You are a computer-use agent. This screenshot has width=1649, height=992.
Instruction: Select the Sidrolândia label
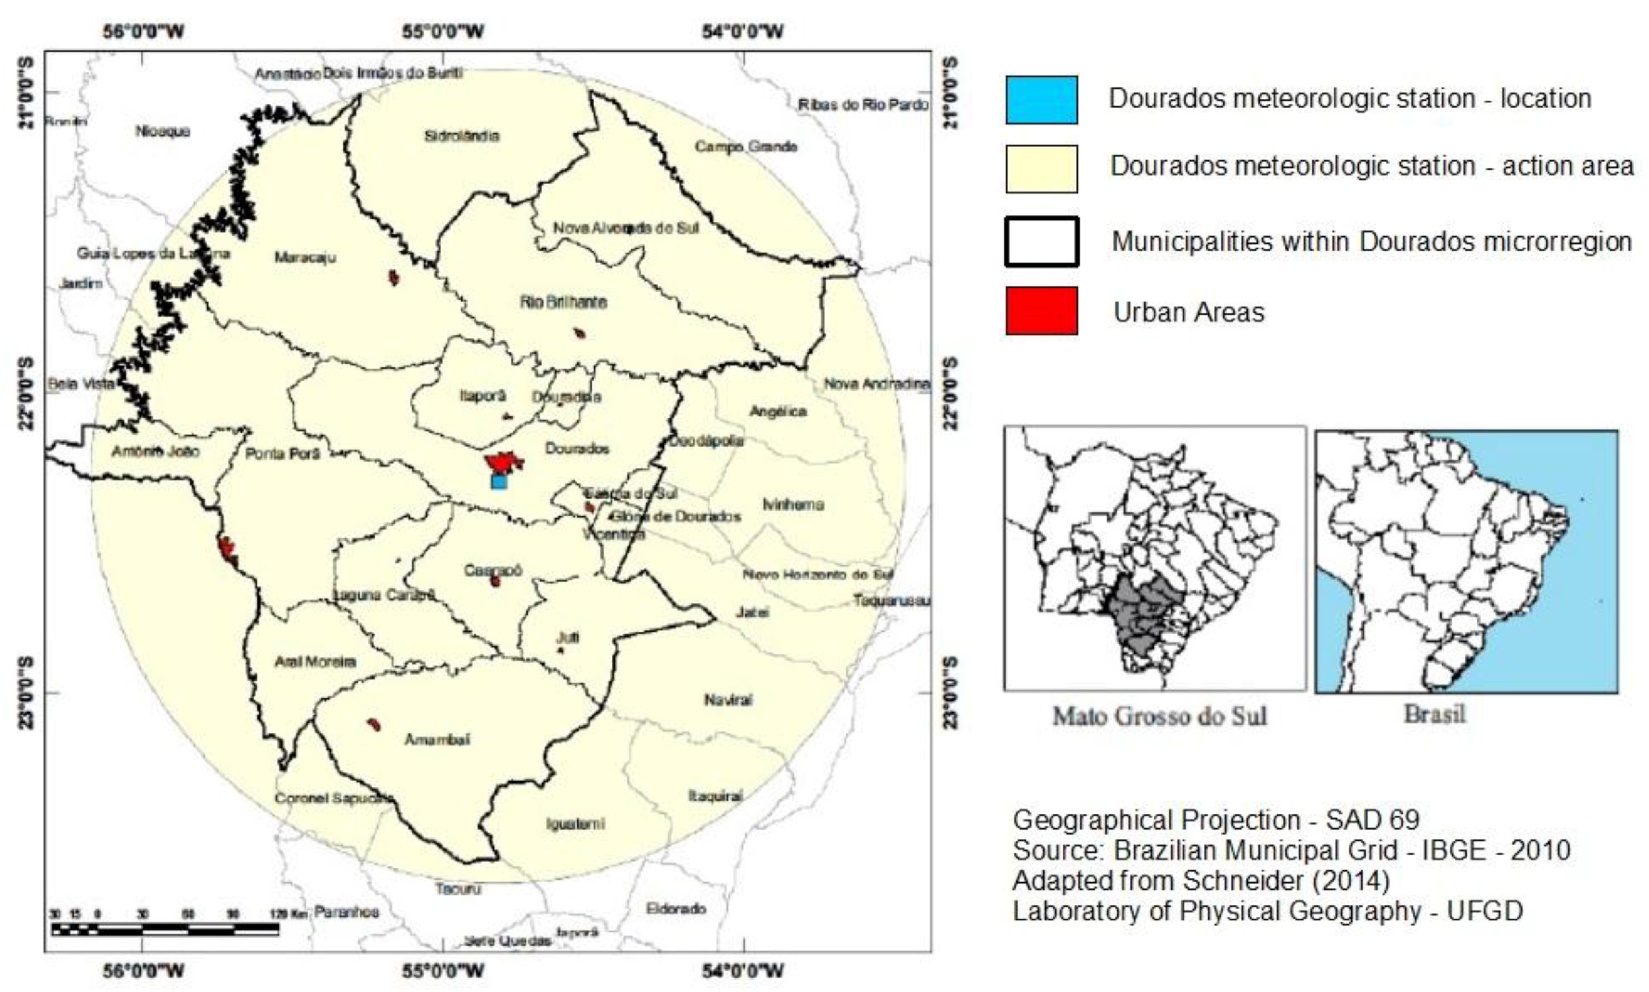[x=461, y=136]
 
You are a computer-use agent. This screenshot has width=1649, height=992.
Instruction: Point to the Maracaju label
[x=305, y=257]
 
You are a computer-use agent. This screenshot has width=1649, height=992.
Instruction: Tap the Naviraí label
[x=728, y=700]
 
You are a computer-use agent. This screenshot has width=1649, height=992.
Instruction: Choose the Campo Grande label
[x=745, y=146]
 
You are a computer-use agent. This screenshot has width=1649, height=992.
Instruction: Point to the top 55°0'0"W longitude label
[x=443, y=31]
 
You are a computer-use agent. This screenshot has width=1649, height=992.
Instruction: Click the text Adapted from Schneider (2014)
[x=1200, y=880]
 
